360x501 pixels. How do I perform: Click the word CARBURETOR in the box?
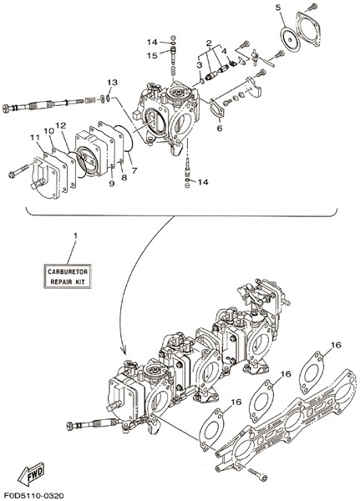68,272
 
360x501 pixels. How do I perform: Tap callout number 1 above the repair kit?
75,235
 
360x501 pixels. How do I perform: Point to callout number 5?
278,8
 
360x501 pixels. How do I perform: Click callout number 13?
112,83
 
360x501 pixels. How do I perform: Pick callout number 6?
220,128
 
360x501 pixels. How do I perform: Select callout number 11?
35,138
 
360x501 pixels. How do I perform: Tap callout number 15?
152,55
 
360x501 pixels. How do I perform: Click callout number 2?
210,43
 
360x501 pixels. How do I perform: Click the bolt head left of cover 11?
13,175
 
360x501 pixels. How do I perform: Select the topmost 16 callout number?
336,345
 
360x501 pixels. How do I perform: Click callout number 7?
134,170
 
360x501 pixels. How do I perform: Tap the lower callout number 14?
202,182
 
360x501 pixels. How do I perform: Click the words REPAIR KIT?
68,282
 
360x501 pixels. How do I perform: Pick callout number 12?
61,125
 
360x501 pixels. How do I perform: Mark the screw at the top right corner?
312,7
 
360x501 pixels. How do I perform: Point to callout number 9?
112,184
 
